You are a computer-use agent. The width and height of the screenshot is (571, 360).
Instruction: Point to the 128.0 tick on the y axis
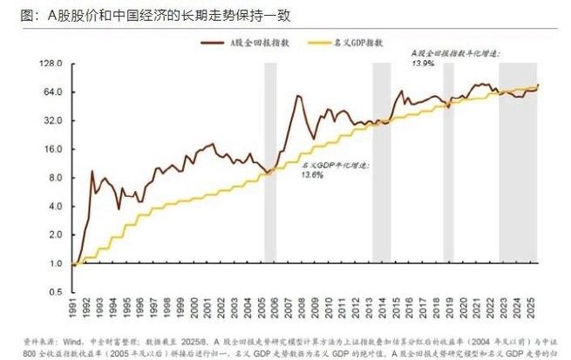pos(54,65)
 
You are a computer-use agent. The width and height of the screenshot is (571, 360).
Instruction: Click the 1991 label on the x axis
pos(75,309)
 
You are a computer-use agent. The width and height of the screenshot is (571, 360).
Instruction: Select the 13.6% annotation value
pos(312,174)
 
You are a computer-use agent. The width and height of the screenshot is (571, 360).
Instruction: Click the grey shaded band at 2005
pos(270,174)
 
